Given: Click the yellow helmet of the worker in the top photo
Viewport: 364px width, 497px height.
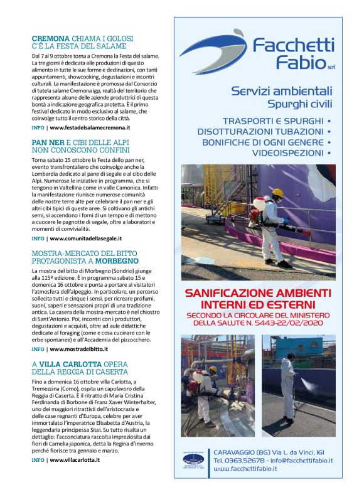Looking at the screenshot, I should coord(277,192).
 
